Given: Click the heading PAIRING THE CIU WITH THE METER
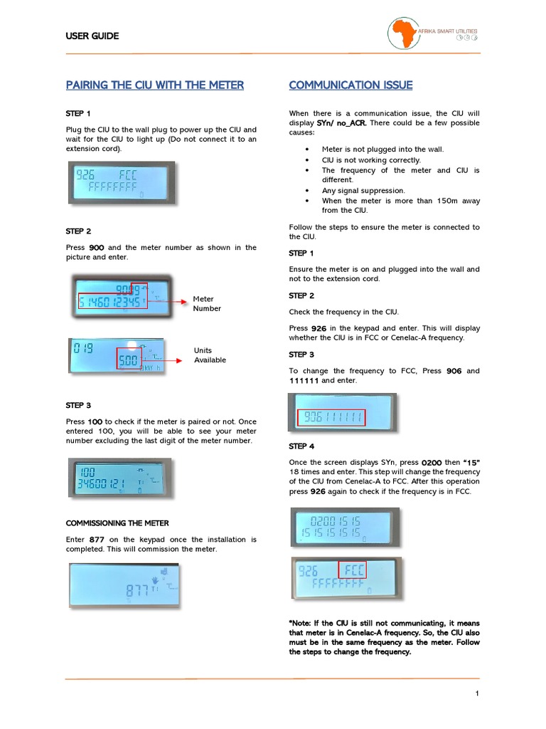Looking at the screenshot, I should pos(154,85).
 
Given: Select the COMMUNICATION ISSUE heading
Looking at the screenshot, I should pos(350,85).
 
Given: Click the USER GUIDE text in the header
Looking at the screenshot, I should pos(92,36).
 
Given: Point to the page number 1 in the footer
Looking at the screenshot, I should pos(477,694).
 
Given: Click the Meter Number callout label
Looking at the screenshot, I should pos(207,304).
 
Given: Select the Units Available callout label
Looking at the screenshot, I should pos(210,355).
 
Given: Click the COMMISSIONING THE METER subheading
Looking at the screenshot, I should pos(117,523).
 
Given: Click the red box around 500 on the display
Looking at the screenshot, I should pos(129,360).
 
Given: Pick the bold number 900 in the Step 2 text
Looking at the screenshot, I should pos(97,248).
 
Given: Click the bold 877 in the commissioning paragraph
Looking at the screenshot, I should pos(97,540).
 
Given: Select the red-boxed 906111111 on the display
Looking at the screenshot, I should pos(332,417).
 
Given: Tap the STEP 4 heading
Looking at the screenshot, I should pos(301,446).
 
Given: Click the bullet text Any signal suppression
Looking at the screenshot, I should pos(363,191).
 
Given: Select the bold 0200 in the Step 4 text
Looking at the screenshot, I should pos(432,463).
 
